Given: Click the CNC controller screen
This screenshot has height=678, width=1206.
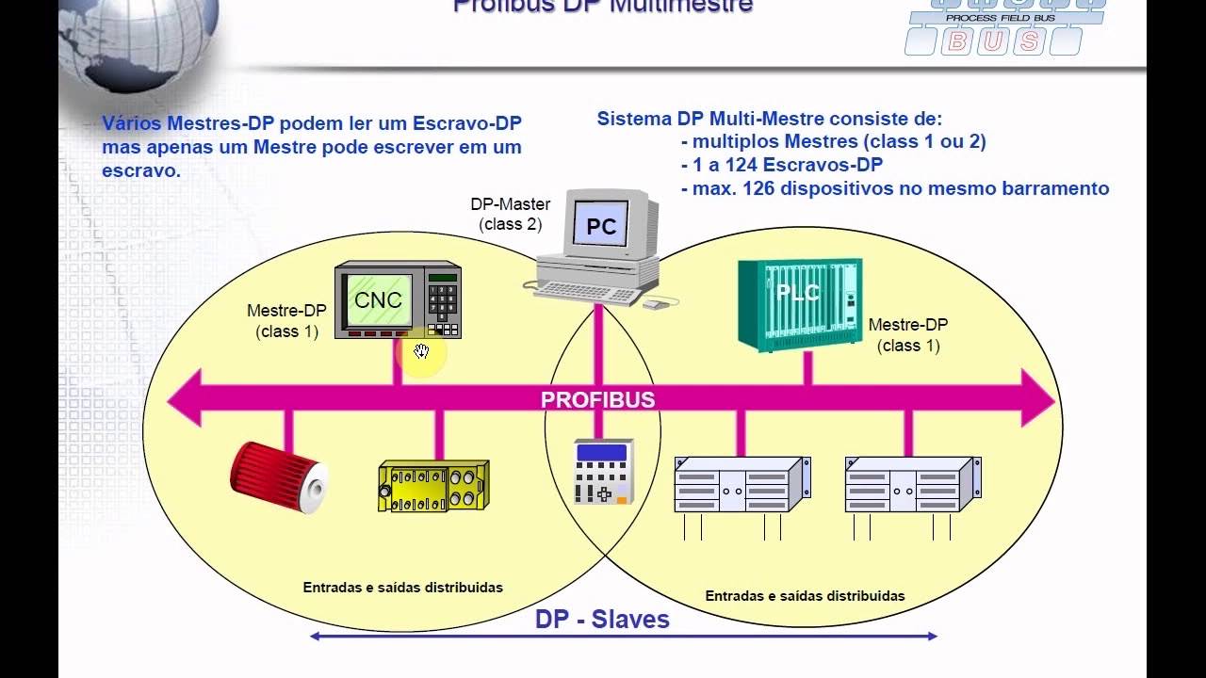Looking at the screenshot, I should (379, 300).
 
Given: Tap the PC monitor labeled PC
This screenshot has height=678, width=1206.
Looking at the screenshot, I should (600, 226).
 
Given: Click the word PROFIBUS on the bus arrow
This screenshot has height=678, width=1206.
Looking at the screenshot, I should (597, 399).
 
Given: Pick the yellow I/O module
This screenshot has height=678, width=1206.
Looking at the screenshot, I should (432, 485).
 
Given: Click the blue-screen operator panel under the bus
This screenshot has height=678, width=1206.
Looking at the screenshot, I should (604, 471).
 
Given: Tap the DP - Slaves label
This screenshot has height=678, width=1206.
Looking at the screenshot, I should (602, 620).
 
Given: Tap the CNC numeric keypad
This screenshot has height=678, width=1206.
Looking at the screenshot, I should (442, 300).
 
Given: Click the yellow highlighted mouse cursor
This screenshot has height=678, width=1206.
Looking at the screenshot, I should (421, 353).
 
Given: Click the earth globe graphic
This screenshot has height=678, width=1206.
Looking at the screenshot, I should (141, 38).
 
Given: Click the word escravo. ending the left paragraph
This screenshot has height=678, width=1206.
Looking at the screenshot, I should (141, 171).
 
